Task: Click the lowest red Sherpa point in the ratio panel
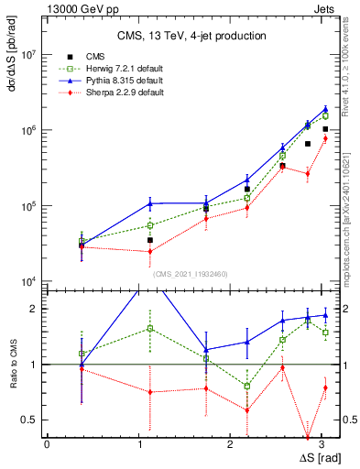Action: pos(308,437)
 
